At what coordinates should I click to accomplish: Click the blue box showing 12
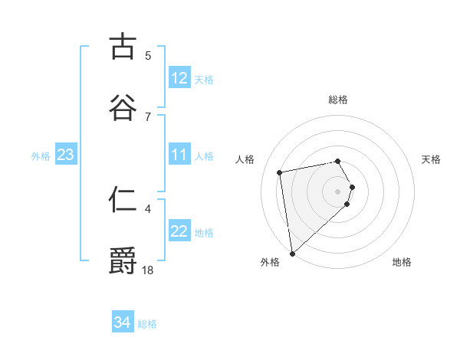(x=179, y=78)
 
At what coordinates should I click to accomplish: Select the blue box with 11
(x=179, y=155)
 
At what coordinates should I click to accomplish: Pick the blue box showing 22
(x=179, y=232)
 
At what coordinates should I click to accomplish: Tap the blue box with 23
(x=65, y=155)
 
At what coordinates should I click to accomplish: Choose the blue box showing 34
(x=123, y=322)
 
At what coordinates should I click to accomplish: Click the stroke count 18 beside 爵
(x=148, y=269)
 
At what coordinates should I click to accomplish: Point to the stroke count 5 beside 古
(x=148, y=55)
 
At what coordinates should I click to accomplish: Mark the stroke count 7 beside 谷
(x=148, y=116)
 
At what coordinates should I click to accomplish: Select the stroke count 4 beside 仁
(x=148, y=208)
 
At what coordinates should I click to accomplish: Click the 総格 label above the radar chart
(x=338, y=100)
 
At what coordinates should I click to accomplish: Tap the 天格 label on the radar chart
(x=431, y=159)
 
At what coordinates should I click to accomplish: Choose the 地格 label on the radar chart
(x=402, y=262)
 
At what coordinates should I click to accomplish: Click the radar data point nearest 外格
(x=292, y=253)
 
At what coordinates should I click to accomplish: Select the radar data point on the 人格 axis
(x=280, y=172)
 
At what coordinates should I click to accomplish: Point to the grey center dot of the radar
(x=338, y=191)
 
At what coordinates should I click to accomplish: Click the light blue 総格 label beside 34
(x=147, y=324)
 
